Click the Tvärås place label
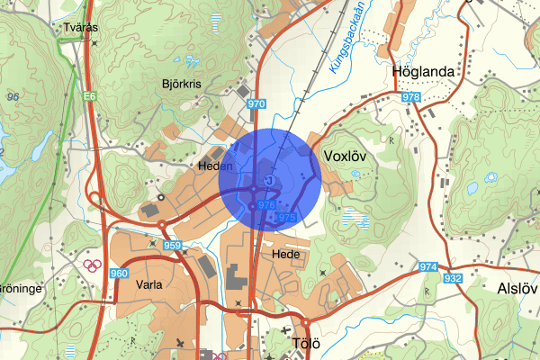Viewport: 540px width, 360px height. pos(80,28)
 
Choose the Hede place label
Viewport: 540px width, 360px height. pos(285,255)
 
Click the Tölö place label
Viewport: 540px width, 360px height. pos(307,343)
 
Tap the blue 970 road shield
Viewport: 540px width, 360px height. pos(256,104)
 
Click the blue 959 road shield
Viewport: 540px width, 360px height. pos(174,246)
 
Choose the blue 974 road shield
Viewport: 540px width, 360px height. pos(427,267)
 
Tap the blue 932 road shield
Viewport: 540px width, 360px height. pos(453,278)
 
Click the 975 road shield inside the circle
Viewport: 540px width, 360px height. pos(286,218)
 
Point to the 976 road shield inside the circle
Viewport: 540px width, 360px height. pos(265,206)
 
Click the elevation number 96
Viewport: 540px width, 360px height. pos(13,96)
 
